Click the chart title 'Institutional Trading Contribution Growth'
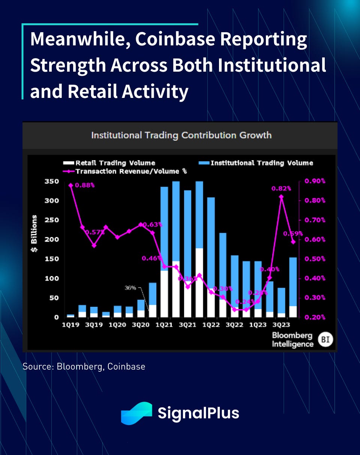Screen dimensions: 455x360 [181, 135]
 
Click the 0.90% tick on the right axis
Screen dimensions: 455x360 [315, 182]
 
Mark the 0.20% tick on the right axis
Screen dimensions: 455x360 [315, 317]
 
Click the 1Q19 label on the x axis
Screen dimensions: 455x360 [70, 325]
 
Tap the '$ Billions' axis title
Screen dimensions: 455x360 [34, 233]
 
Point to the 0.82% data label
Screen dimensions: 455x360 [281, 189]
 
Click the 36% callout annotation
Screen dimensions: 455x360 [130, 288]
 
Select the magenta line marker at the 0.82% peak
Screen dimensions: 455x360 [281, 197]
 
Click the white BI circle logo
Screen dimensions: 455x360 [325, 340]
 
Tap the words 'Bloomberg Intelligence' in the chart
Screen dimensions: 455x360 [292, 339]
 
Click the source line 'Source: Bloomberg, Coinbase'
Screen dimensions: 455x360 [84, 366]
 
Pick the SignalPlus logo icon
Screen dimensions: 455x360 [136, 413]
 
